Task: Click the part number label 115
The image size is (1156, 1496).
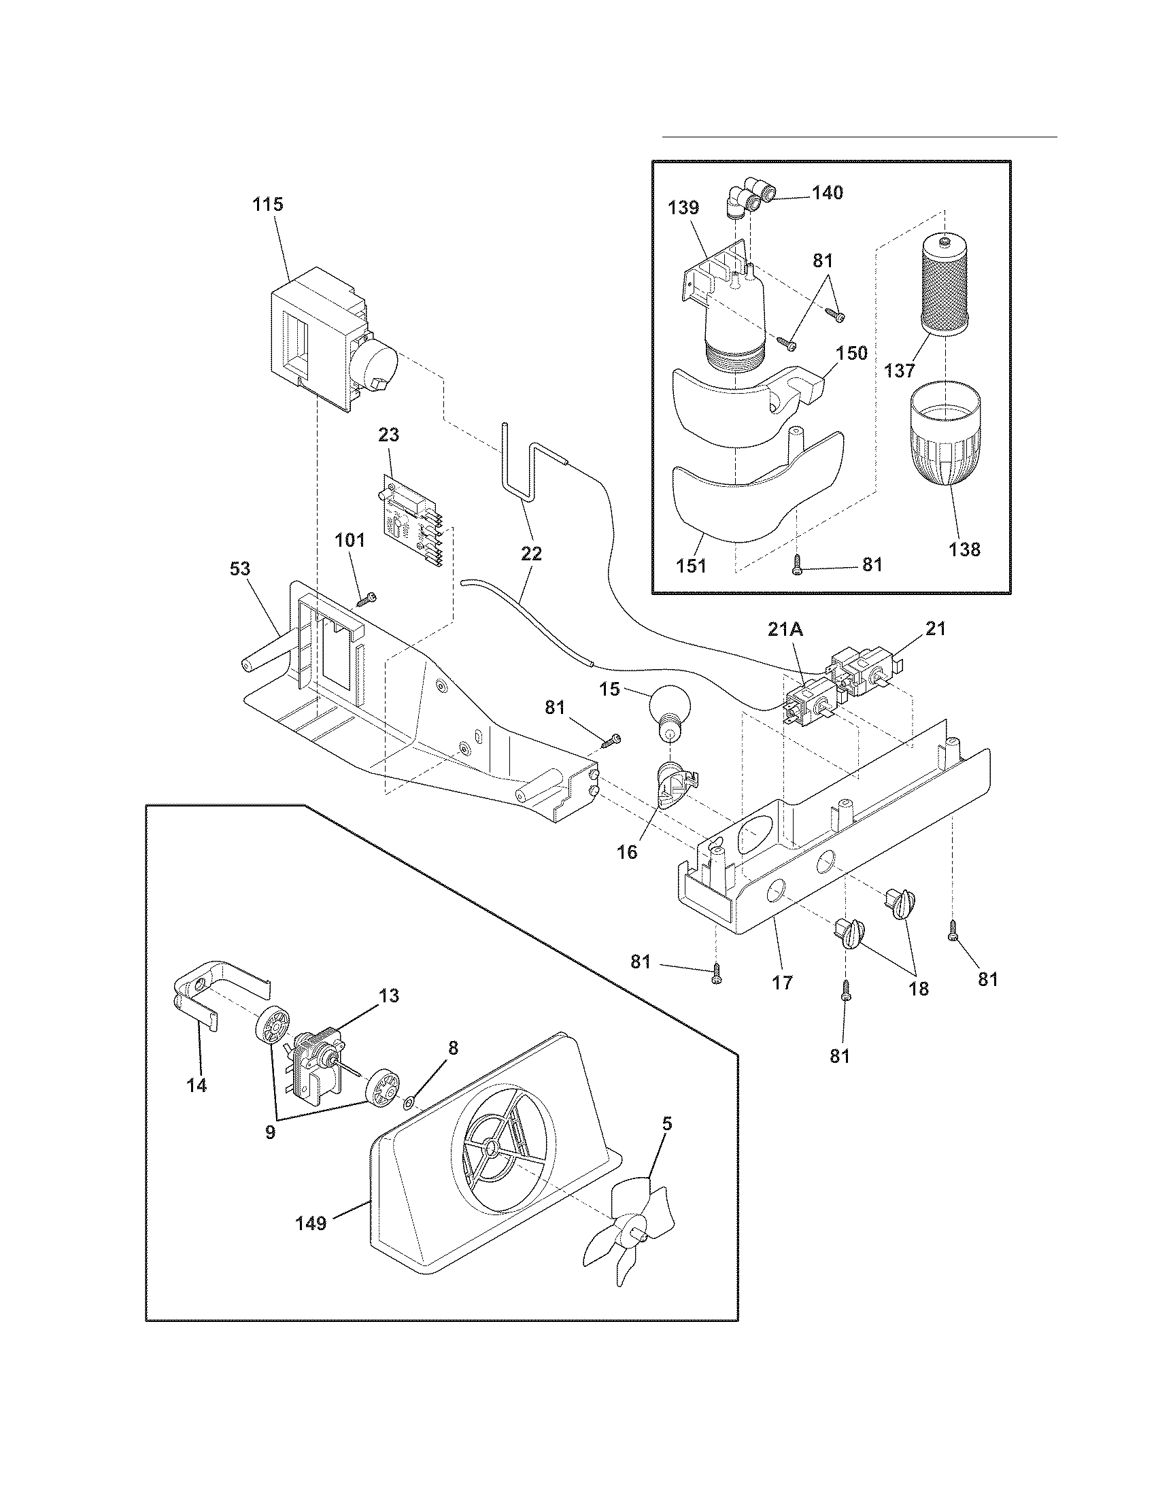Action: [268, 204]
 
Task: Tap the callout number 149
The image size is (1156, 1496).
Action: [310, 1223]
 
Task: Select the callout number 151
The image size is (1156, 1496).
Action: [691, 566]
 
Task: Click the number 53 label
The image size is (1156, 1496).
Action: [240, 568]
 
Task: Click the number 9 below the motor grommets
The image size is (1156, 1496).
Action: [270, 1132]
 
